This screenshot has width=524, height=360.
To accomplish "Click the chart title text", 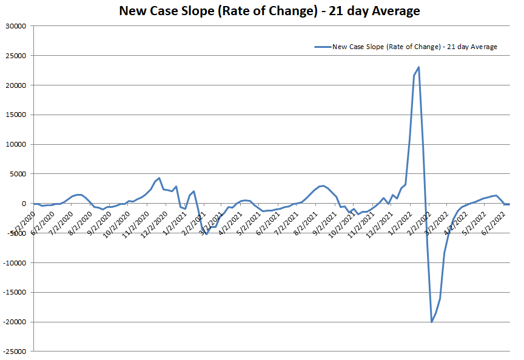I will (269, 12).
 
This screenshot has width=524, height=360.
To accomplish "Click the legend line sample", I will (322, 47).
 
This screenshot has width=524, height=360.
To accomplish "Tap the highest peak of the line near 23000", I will (418, 67).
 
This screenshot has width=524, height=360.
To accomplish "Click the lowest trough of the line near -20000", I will (432, 322).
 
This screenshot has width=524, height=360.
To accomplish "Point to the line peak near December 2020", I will (159, 178).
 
